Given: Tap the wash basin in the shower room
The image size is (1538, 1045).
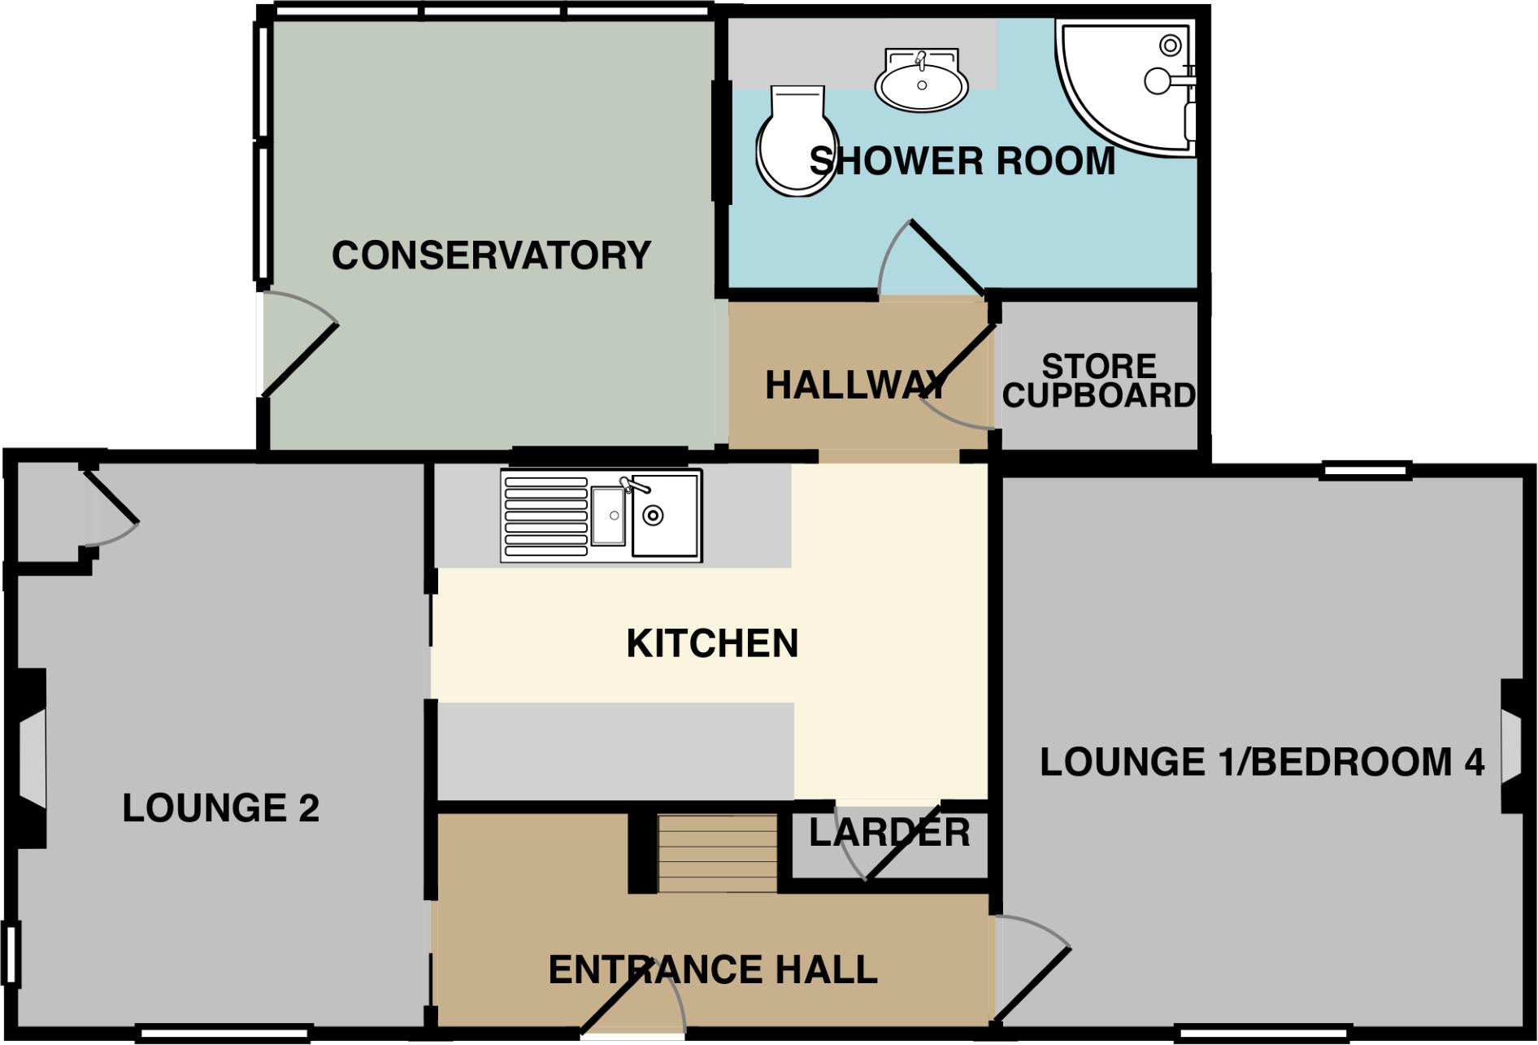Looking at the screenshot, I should (921, 81).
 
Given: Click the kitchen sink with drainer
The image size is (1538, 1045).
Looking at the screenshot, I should (602, 516).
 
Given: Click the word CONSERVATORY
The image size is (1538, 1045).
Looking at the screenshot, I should (491, 255).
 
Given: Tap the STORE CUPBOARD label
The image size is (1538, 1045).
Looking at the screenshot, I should (1098, 381).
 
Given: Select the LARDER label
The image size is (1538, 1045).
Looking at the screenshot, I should (889, 833).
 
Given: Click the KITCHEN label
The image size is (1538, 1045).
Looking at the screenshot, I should (712, 643).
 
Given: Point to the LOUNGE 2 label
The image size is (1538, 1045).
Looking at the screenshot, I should (220, 808).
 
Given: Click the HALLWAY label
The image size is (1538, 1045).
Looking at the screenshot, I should (856, 385).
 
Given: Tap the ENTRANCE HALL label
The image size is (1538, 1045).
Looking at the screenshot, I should (713, 969).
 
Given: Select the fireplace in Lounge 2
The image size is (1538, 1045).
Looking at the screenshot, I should (29, 758).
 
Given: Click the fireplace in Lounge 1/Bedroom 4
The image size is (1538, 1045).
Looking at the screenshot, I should (1510, 746).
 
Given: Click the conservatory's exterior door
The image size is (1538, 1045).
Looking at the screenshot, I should (298, 358).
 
